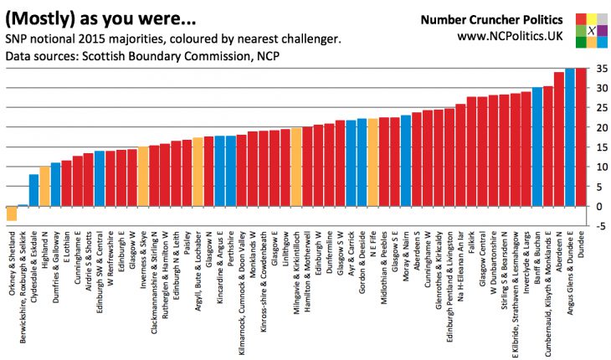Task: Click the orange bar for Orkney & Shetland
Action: tap(12, 213)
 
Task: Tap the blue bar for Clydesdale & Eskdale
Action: tap(34, 190)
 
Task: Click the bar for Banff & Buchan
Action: tap(537, 147)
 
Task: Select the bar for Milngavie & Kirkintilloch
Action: tap(296, 167)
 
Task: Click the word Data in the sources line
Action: tap(19, 56)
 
